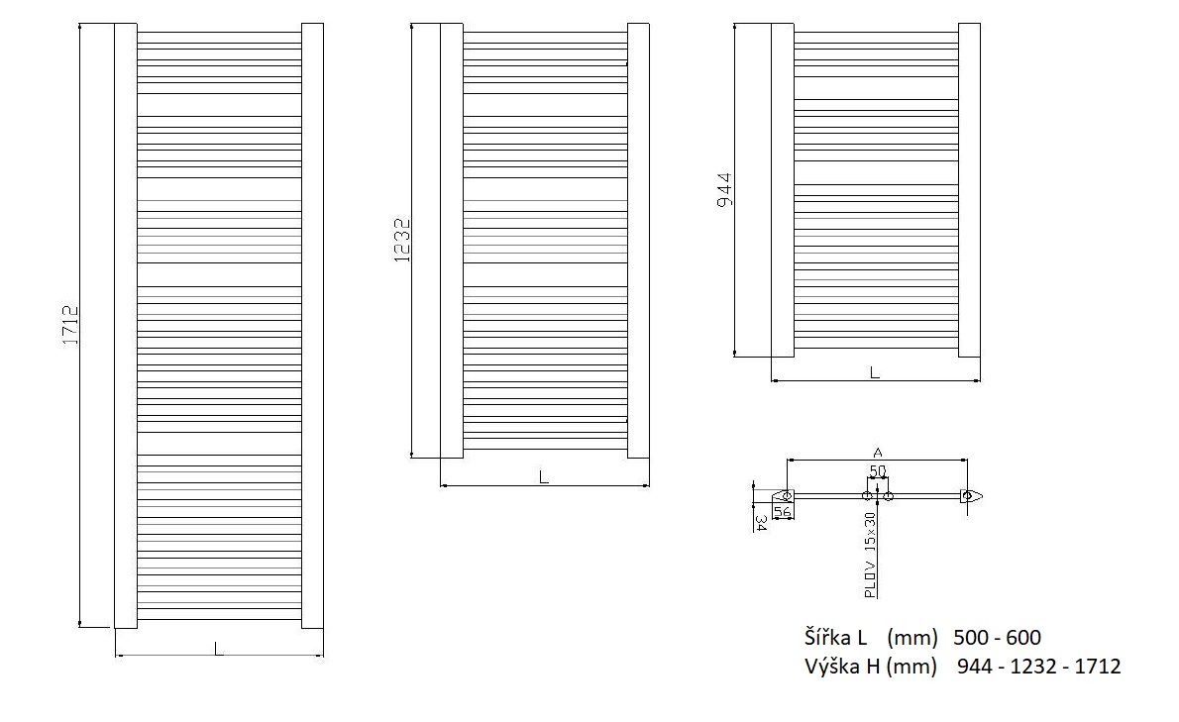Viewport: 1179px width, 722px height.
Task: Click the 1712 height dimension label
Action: tap(70, 325)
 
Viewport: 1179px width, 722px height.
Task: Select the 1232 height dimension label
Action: tap(402, 241)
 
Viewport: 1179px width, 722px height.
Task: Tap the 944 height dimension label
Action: tap(724, 190)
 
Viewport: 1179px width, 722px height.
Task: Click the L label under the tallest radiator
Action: tap(218, 649)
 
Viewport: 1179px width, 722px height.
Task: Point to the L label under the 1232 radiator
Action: tap(544, 477)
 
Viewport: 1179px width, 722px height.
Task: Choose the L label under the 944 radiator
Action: tap(875, 372)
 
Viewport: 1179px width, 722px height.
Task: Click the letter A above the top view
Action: tap(878, 453)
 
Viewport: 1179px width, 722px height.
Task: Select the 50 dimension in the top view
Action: tap(878, 471)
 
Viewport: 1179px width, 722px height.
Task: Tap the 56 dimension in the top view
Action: tap(783, 511)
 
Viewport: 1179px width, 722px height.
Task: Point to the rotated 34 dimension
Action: tap(760, 523)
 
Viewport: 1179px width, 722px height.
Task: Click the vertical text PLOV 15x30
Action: tap(870, 556)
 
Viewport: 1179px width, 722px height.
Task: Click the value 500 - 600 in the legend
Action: tap(997, 638)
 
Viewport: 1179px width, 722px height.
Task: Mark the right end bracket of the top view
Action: tap(971, 496)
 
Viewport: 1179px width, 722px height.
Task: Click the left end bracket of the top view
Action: tap(782, 496)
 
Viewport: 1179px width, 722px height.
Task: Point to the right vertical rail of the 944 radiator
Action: tap(969, 190)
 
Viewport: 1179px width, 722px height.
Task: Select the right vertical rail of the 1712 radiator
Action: tap(312, 325)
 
